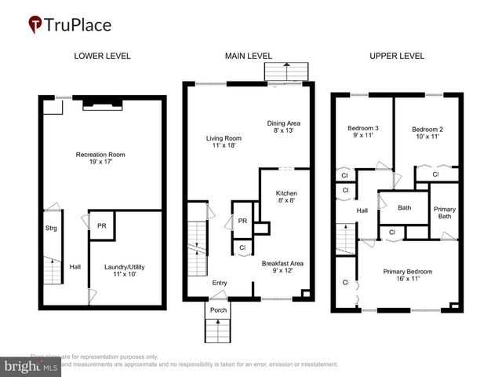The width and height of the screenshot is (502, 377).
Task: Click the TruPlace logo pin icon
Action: click(x=36, y=25)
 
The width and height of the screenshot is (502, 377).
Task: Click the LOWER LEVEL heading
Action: click(x=102, y=56)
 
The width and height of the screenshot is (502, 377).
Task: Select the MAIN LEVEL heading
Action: click(x=248, y=56)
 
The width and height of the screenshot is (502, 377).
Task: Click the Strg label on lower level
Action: click(x=51, y=229)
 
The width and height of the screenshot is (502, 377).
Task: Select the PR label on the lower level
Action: click(x=101, y=225)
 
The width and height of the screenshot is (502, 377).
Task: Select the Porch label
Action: click(x=217, y=309)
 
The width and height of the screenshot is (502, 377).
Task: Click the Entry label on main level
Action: click(x=220, y=283)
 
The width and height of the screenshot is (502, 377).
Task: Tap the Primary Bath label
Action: click(x=445, y=214)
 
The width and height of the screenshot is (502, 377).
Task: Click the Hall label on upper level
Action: click(x=362, y=210)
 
